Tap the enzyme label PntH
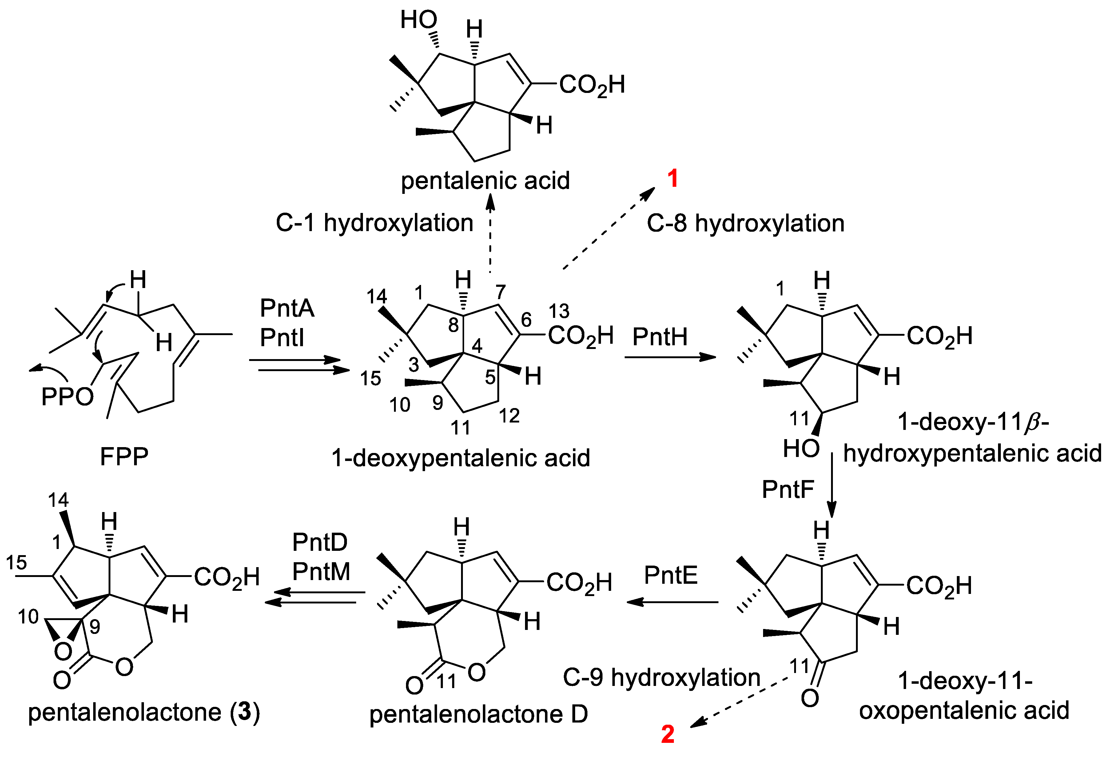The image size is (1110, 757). point(660,337)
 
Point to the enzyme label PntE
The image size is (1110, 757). point(670,575)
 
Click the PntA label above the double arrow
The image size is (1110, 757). point(287,308)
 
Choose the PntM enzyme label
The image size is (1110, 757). point(321,571)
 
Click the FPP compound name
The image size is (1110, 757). point(124,456)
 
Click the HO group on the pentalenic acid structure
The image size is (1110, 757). point(418,20)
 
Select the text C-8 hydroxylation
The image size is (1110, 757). point(745,223)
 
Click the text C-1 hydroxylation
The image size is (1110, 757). point(374,223)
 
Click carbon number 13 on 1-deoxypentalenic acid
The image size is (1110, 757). point(559,311)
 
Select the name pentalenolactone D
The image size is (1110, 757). point(479,715)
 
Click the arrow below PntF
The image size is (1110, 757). point(832,485)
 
